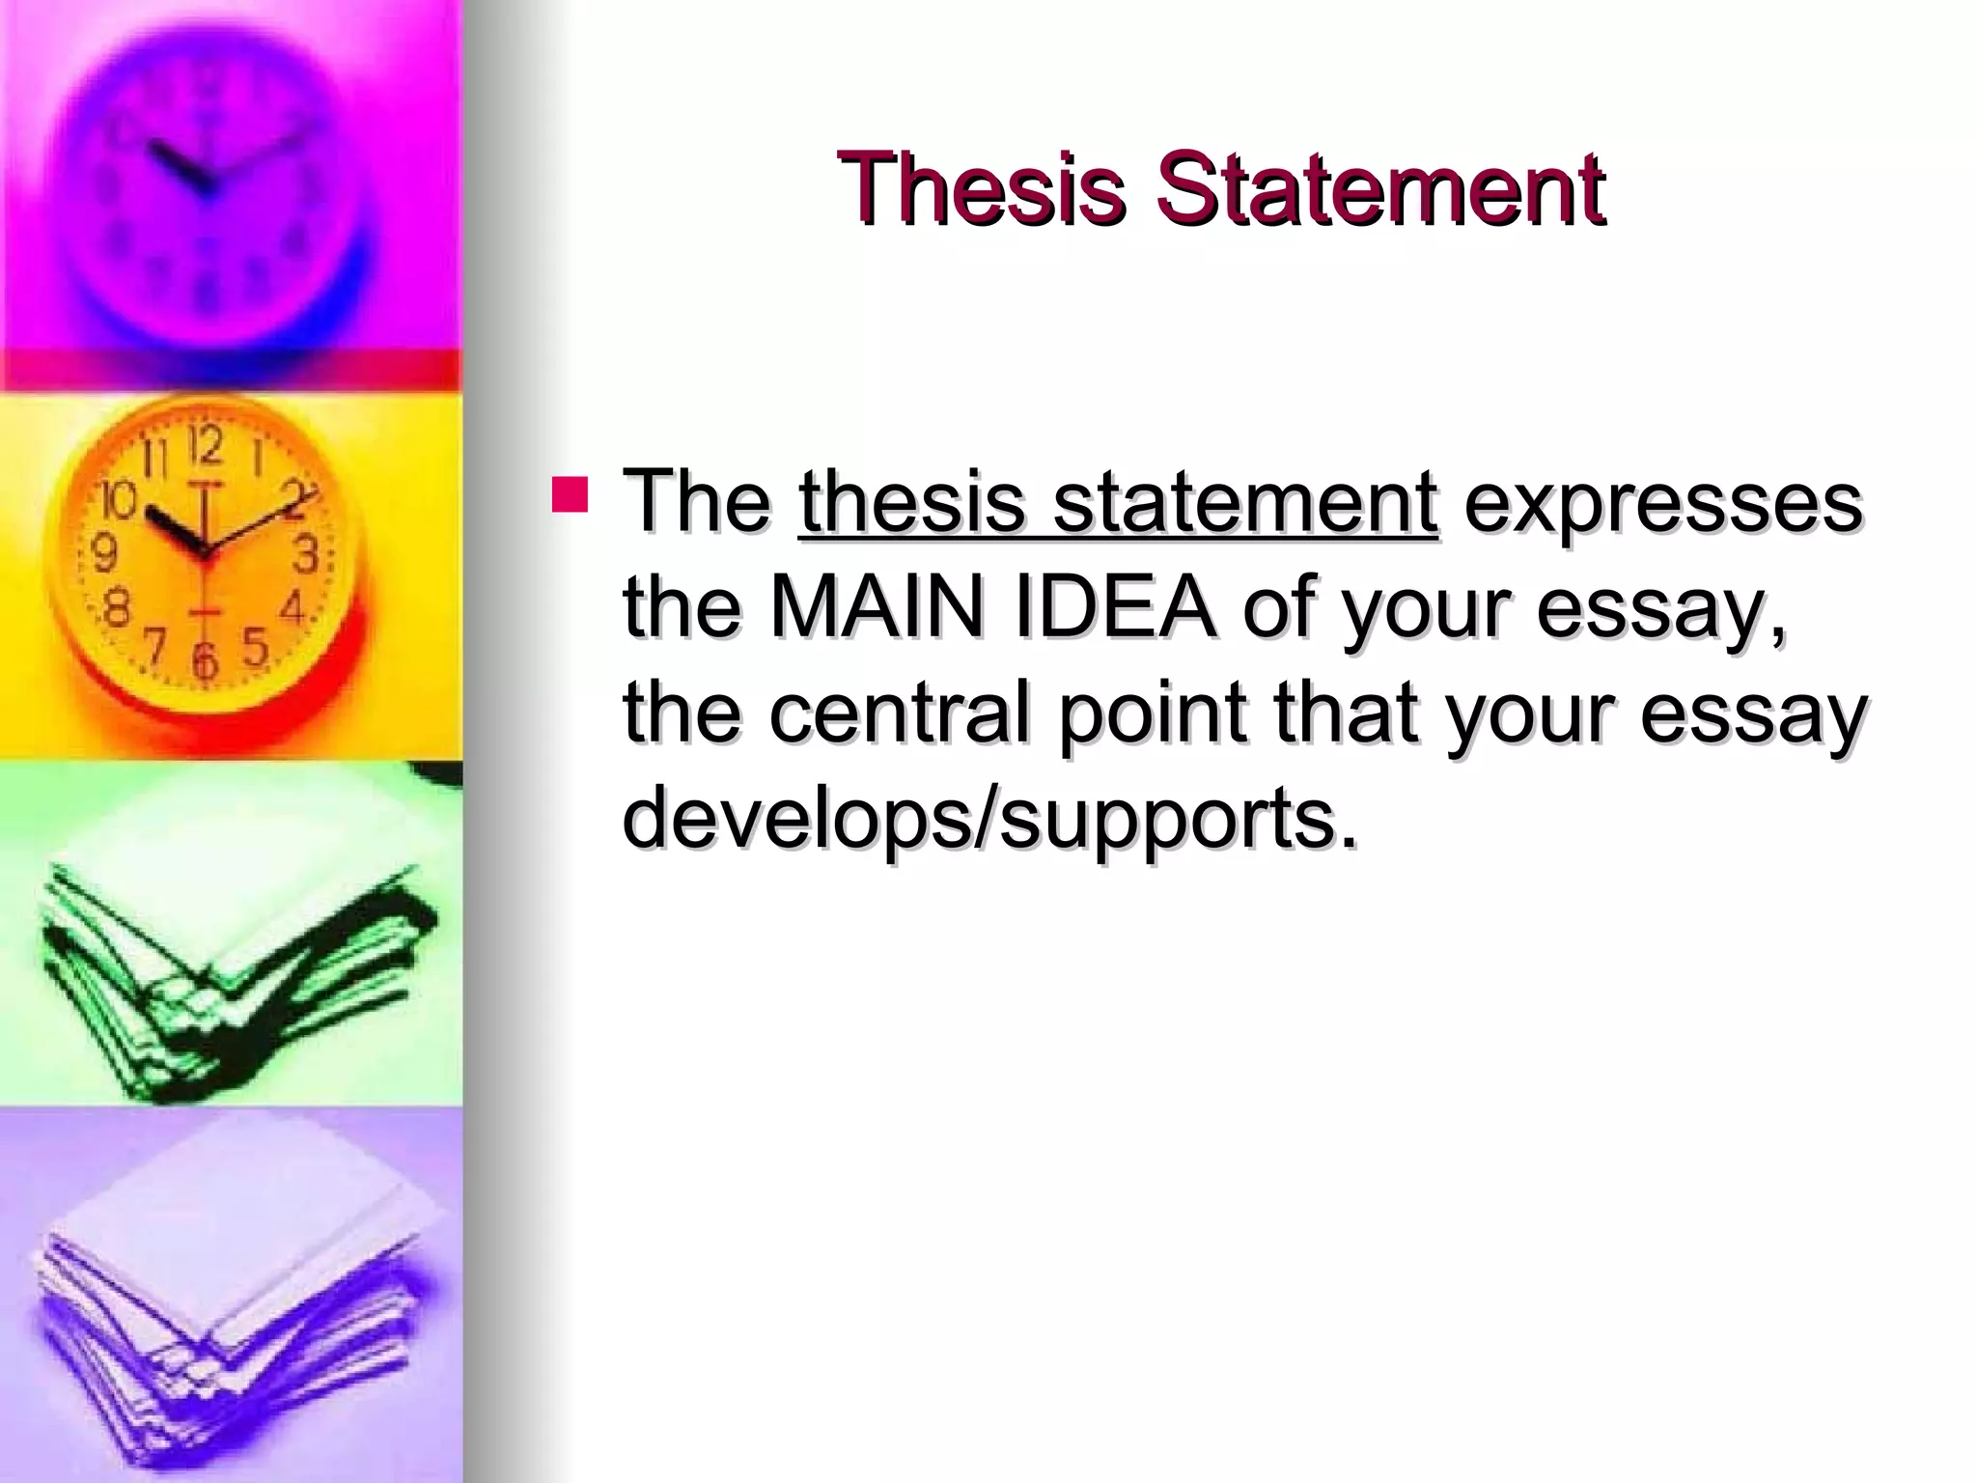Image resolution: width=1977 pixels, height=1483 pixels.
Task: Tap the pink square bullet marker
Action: coord(570,493)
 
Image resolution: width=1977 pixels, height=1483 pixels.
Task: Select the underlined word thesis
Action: coord(911,502)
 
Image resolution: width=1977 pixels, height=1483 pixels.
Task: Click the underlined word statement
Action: coord(1245,502)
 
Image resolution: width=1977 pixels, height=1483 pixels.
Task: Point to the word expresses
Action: coord(1662,502)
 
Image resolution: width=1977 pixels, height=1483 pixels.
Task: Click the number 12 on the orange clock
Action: coord(206,447)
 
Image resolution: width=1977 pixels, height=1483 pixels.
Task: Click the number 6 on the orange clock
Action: coord(205,660)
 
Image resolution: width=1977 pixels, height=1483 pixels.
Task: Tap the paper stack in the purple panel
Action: coord(232,1303)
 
